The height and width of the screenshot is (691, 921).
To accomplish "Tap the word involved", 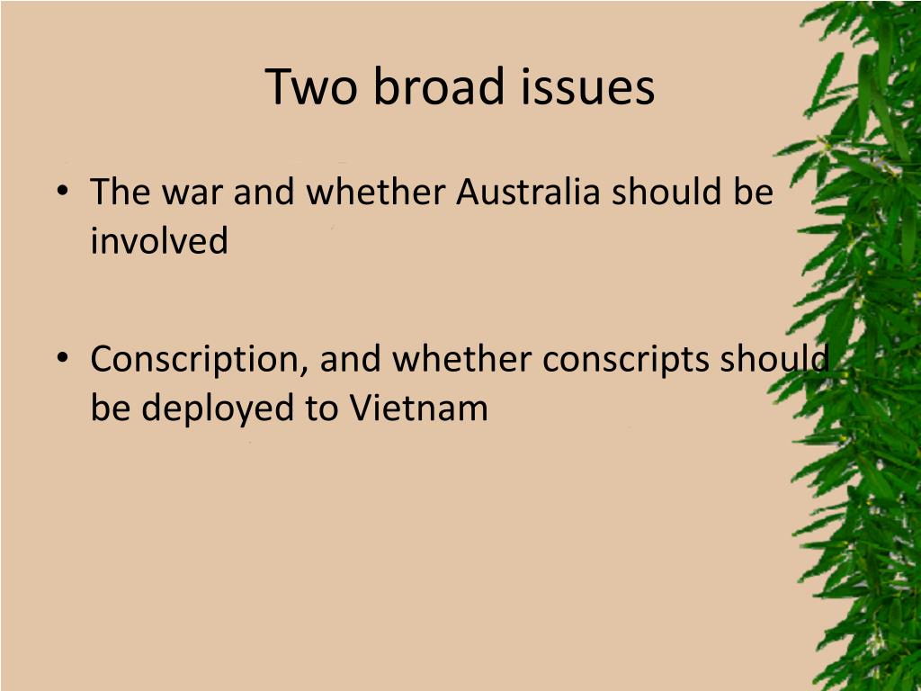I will coord(159,240).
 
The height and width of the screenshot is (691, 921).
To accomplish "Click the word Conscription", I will coord(199,360).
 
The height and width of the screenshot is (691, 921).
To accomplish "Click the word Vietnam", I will coord(418,408).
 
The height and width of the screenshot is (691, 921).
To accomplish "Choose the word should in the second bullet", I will coord(775,360).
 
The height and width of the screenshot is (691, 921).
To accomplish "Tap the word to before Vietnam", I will coord(320,408).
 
